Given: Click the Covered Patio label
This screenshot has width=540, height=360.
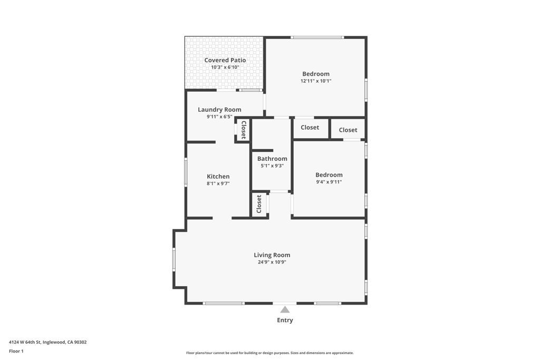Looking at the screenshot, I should [x=225, y=60].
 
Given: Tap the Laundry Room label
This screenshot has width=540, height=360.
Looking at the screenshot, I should [x=219, y=110].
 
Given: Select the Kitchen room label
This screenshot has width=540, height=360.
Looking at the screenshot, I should [x=218, y=177].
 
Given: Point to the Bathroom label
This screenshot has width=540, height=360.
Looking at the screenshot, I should [x=272, y=159].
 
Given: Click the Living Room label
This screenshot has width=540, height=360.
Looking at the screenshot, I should [x=272, y=255].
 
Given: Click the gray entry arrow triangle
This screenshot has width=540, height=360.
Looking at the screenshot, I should [x=285, y=309].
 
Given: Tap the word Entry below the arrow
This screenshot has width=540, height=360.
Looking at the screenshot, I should [x=285, y=320].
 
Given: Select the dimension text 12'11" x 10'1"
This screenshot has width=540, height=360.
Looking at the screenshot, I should [x=316, y=81].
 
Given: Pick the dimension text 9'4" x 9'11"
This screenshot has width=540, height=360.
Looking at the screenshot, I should [x=329, y=182].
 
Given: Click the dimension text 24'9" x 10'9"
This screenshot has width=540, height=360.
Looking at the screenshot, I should [x=272, y=262].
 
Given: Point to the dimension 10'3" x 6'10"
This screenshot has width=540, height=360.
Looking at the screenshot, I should [x=225, y=67].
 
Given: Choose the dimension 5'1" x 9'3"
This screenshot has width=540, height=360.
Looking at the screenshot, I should [x=272, y=166].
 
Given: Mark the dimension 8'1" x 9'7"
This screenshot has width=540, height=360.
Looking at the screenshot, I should [x=218, y=183].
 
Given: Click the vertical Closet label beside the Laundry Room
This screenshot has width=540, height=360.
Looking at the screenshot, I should [x=244, y=130].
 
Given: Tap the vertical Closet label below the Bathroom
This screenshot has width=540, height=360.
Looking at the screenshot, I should [x=259, y=204].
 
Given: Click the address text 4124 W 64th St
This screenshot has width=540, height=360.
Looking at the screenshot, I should [x=47, y=342].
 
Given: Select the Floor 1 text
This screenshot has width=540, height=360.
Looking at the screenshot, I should [x=16, y=351].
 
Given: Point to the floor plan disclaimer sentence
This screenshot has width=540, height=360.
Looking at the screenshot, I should [x=269, y=353].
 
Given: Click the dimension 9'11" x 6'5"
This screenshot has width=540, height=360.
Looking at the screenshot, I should [x=219, y=116].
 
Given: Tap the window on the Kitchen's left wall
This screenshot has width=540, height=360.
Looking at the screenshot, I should [x=186, y=172].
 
